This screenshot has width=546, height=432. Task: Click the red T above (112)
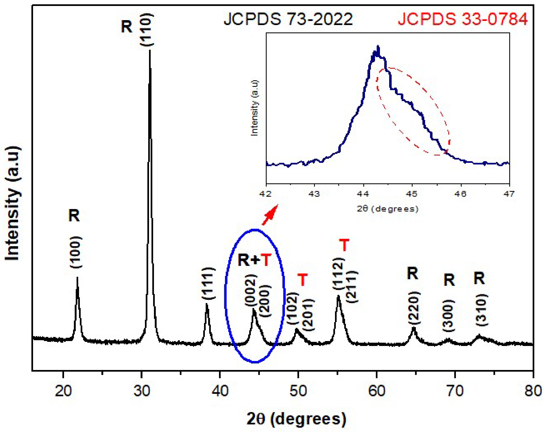point(344,245)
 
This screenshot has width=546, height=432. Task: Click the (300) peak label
point(449,316)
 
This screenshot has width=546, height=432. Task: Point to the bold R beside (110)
point(127,26)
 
